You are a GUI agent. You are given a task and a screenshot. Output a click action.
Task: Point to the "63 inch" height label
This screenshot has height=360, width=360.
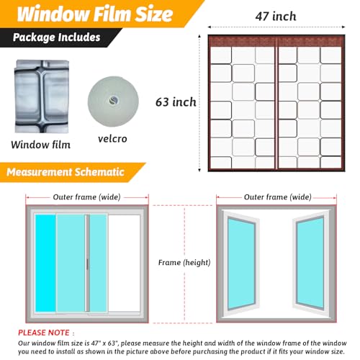click(176, 102)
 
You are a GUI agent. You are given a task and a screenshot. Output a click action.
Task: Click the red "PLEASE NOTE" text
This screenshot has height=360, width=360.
click(48, 333)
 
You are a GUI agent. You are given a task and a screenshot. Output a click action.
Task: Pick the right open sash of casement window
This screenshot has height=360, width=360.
click(309, 262)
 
